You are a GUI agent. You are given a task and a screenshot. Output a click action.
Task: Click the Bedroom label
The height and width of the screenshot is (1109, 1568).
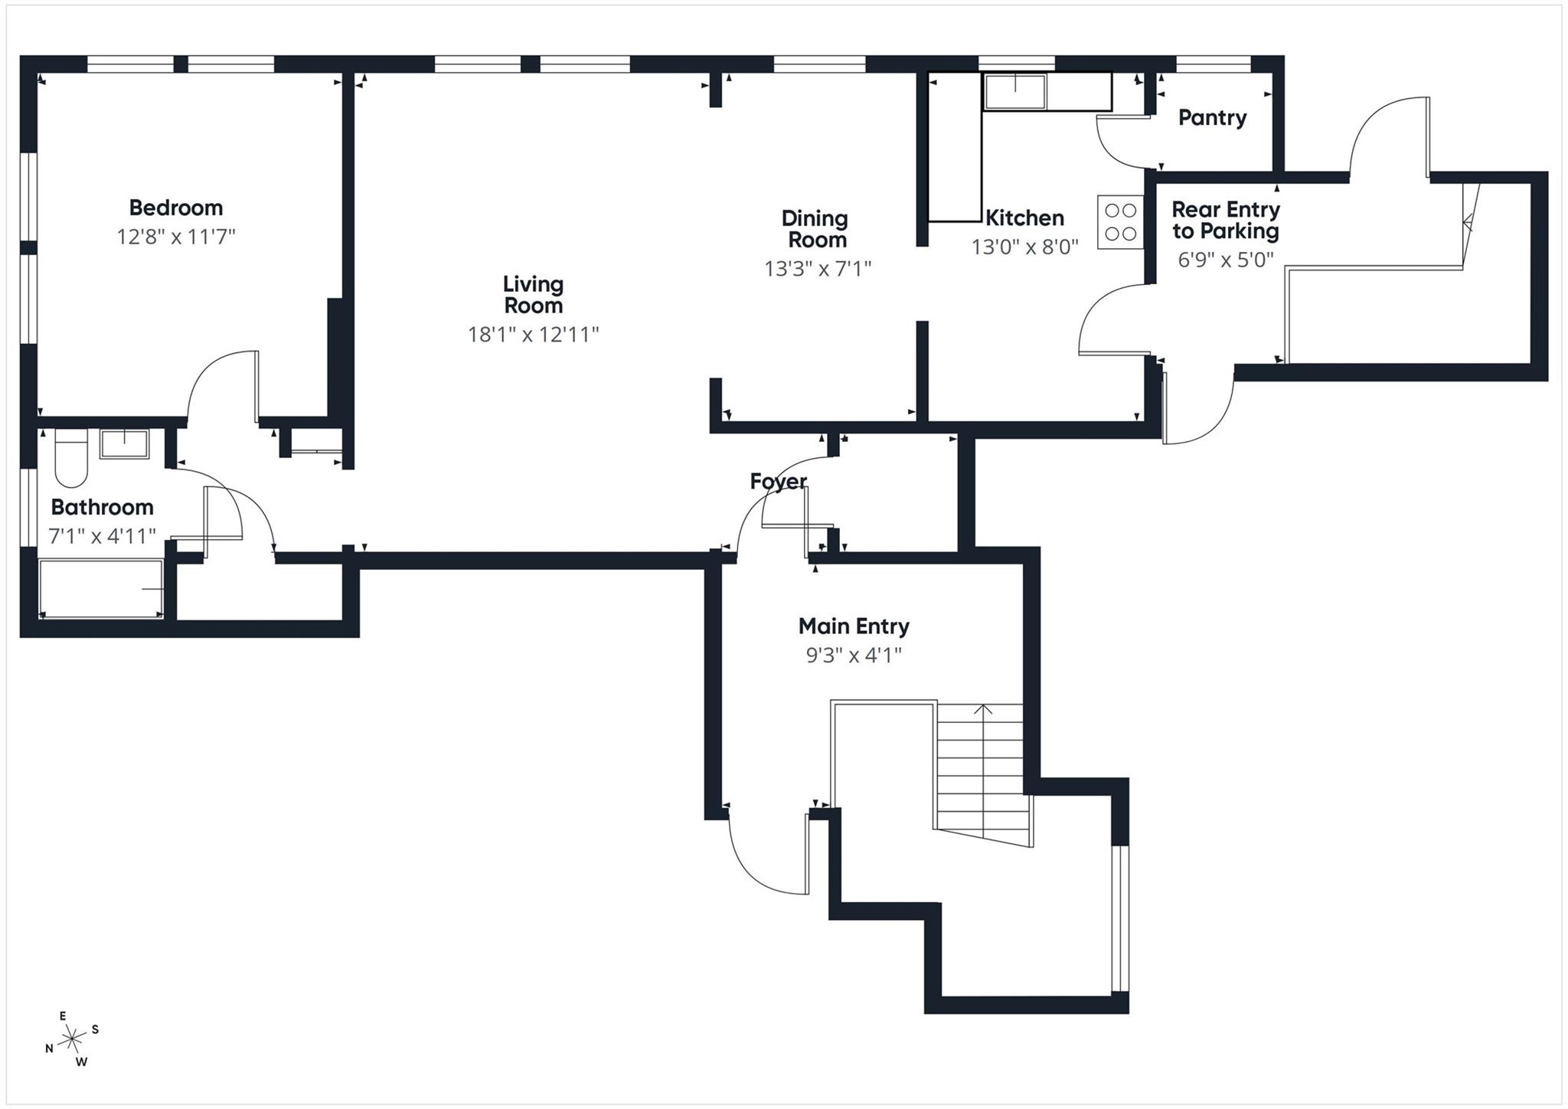175,208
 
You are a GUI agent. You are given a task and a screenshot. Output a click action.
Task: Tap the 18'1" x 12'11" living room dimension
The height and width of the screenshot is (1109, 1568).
533,335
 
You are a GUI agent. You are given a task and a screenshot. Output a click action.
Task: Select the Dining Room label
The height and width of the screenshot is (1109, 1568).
816,229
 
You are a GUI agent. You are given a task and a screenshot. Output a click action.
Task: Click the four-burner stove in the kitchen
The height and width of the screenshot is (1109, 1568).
1120,222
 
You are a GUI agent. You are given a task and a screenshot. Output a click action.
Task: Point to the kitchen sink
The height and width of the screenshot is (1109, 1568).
1014,91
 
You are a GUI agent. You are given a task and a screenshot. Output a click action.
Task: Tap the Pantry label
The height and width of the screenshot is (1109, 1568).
1211,118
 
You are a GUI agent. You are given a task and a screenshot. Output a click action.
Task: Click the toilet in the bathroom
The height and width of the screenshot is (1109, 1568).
71,460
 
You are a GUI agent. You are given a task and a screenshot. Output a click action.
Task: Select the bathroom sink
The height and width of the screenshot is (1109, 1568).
124,443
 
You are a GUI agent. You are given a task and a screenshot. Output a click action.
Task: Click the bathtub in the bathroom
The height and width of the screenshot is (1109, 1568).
100,588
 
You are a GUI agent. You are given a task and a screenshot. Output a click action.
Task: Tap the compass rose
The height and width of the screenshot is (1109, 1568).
73,1039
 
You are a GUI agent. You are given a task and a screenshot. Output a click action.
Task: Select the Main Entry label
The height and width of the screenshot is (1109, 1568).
853,626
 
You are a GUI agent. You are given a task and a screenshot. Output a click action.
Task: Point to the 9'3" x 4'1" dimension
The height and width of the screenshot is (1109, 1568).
853,656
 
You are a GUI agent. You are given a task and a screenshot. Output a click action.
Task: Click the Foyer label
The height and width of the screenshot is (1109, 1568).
778,481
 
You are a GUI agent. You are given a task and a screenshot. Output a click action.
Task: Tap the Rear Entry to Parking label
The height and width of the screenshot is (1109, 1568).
1224,221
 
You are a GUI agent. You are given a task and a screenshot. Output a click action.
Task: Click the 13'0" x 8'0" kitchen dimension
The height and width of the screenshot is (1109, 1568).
1024,247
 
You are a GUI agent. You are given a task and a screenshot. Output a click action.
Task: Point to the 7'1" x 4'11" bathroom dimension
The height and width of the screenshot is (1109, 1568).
102,536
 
